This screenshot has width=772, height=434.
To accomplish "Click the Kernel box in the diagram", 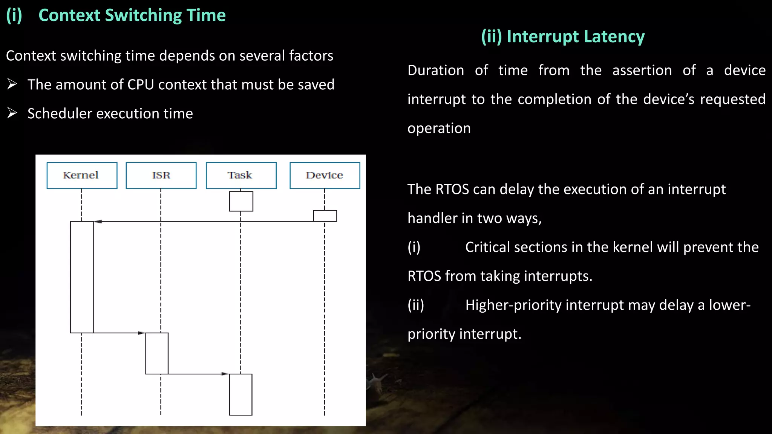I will tap(82, 176).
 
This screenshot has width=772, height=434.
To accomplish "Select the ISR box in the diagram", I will tap(161, 176).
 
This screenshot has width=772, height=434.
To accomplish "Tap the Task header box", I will tap(241, 176).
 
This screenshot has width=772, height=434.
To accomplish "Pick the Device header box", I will tap(325, 176).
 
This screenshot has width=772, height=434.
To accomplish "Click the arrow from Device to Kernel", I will tap(204, 222).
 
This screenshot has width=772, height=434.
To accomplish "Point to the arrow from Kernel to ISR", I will tap(119, 333).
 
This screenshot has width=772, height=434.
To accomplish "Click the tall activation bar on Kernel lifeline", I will tap(82, 277).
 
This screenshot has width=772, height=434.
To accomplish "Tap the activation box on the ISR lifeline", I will tap(157, 353).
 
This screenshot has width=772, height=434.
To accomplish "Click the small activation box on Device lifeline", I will tap(325, 216).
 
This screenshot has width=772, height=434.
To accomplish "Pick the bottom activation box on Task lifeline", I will tap(240, 394).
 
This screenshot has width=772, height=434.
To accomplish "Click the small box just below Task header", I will tap(241, 201).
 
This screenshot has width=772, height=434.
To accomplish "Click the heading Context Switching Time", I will tap(132, 15).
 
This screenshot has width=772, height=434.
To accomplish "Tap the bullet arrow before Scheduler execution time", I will tap(12, 113).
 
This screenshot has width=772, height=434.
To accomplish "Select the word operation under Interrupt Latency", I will tap(439, 128).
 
